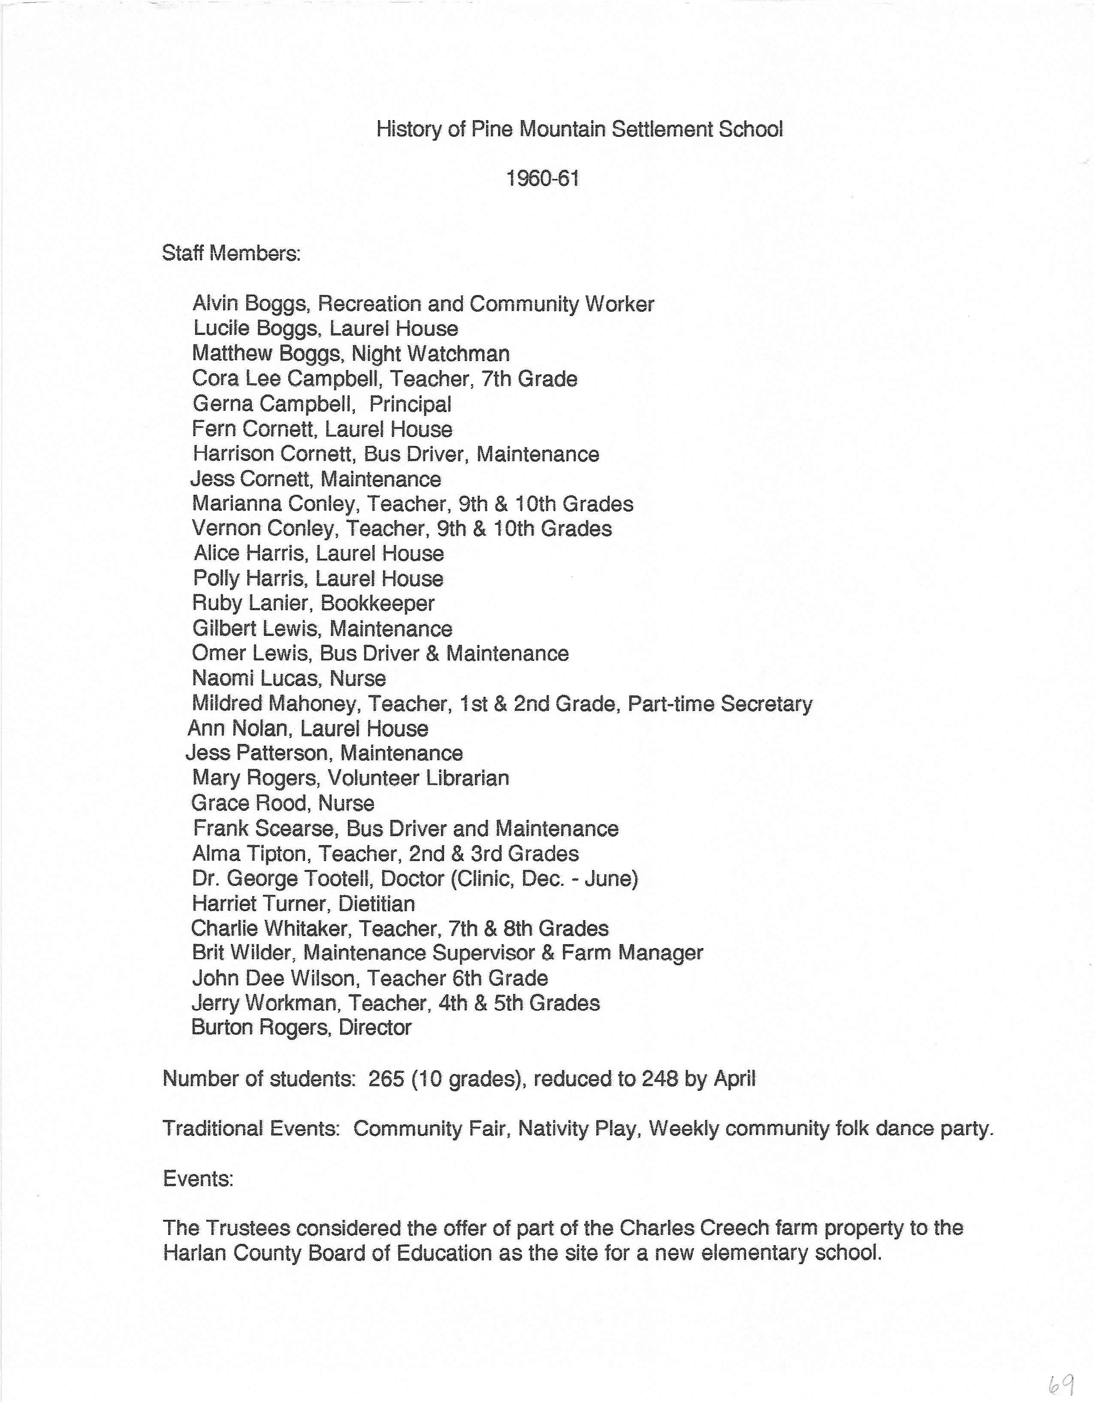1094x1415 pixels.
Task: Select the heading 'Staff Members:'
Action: coord(231,253)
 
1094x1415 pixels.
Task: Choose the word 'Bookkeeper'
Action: coord(378,604)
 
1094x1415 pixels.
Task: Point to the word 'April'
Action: coord(734,1079)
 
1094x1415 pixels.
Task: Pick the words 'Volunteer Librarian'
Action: coord(419,778)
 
